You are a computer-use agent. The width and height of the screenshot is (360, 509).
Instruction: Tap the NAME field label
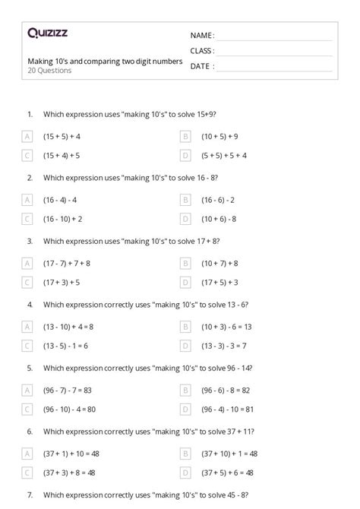(202, 36)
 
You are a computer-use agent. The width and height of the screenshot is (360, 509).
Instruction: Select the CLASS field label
(203, 51)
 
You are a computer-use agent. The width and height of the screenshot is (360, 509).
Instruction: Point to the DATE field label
(201, 66)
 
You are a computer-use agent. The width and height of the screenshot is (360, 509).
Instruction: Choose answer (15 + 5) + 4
(62, 136)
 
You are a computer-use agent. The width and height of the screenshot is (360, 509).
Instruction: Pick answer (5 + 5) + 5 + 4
(224, 155)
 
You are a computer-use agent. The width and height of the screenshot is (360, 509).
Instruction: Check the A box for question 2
(27, 200)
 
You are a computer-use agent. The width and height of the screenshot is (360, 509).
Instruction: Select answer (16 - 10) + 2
(62, 219)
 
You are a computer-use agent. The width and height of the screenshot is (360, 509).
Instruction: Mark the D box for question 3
(185, 282)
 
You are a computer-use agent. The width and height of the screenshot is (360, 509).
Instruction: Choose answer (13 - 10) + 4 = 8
(71, 327)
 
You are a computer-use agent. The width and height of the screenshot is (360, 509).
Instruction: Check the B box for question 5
(185, 390)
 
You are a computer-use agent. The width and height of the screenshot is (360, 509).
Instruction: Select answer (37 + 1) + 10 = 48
(73, 454)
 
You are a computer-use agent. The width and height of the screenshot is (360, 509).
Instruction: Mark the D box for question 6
(185, 473)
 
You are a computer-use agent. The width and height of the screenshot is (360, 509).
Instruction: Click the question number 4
(30, 304)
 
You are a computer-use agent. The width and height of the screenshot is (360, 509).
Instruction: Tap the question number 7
(30, 495)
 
